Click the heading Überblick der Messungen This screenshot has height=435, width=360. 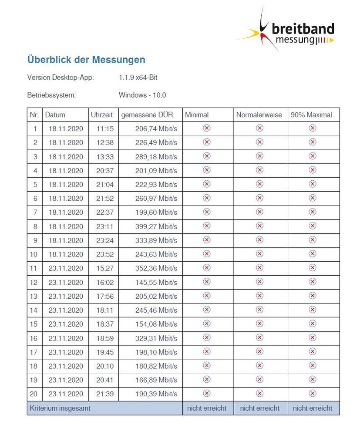click(x=86, y=60)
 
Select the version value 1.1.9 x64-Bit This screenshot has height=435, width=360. click(x=138, y=78)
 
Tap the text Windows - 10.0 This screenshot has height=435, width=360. click(x=142, y=95)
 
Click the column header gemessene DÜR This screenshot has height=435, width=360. click(x=147, y=115)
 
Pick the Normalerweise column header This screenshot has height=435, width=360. click(x=259, y=115)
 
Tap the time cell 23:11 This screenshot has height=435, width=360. click(x=104, y=226)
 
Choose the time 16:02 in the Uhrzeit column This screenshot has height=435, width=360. click(x=104, y=282)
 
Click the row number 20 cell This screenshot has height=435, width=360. click(x=34, y=394)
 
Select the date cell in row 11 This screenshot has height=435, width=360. click(x=66, y=268)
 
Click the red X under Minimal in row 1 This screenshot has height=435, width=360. click(x=207, y=128)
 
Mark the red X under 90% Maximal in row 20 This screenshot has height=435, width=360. click(x=312, y=393)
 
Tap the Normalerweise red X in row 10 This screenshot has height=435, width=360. click(x=259, y=253)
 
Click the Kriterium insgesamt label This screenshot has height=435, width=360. click(x=60, y=408)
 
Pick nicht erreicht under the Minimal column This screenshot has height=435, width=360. click(x=207, y=408)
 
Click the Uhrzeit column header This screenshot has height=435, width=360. click(x=102, y=115)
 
